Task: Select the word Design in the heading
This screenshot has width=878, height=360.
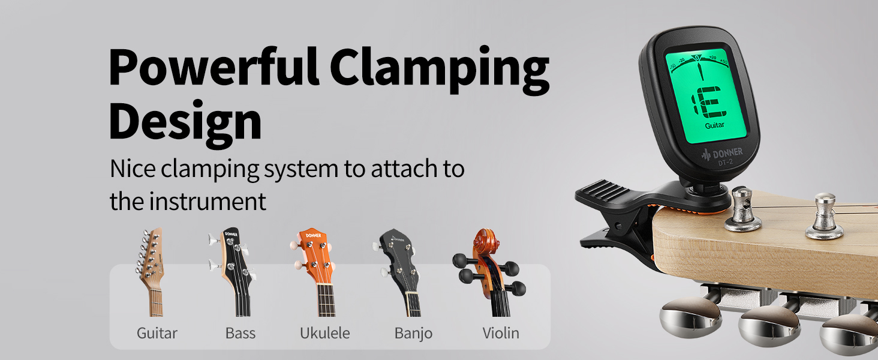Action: tap(185, 121)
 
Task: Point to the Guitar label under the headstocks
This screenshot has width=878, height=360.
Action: tap(157, 333)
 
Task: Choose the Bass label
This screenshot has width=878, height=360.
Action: tap(240, 333)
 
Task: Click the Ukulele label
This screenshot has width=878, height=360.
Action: tap(324, 333)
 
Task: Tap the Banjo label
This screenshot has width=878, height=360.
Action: tap(413, 333)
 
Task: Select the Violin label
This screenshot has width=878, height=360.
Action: tap(501, 333)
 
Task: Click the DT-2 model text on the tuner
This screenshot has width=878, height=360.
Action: tap(726, 161)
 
